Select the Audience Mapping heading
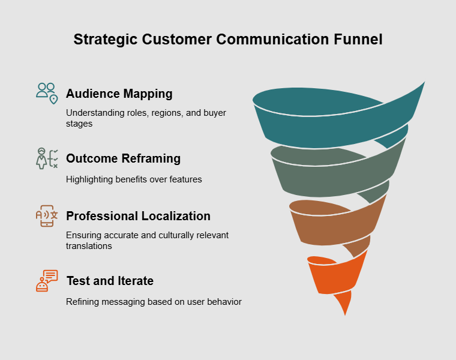pyautogui.click(x=119, y=94)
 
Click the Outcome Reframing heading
pyautogui.click(x=123, y=158)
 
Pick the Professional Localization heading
pyautogui.click(x=138, y=216)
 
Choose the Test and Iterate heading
pyautogui.click(x=110, y=281)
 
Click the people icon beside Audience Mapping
pyautogui.click(x=46, y=93)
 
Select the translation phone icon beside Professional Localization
pyautogui.click(x=46, y=215)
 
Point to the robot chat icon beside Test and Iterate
pyautogui.click(x=46, y=280)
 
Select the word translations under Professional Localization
pyautogui.click(x=89, y=245)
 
